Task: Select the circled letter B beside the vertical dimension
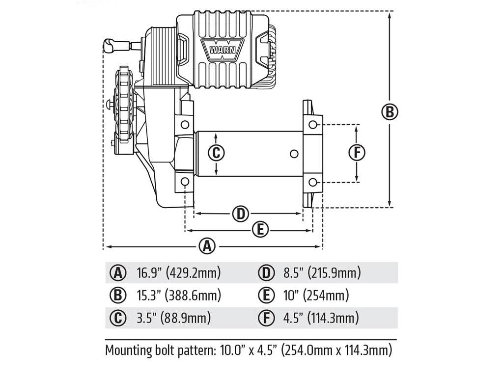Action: [x=390, y=112]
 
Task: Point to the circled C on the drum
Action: [x=216, y=153]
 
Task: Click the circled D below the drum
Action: [x=240, y=214]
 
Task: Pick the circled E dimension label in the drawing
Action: [x=260, y=229]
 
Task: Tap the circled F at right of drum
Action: [x=357, y=153]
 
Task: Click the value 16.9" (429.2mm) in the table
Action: [x=178, y=272]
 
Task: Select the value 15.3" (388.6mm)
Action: [x=178, y=295]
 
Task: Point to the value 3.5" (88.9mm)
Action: [x=173, y=318]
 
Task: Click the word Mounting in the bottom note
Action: [x=128, y=350]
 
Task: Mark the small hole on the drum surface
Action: [x=294, y=154]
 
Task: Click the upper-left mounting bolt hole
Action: [x=185, y=124]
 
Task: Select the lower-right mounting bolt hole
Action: [x=312, y=183]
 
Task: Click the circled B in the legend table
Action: [x=118, y=295]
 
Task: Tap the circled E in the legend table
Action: [x=266, y=295]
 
